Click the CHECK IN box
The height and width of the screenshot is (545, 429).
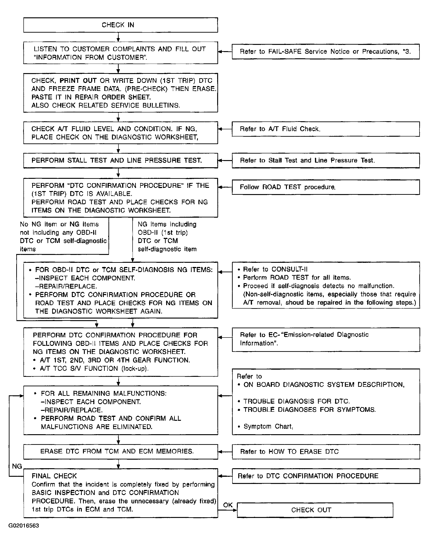[x=121, y=25]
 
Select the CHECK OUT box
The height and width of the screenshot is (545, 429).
[x=315, y=510]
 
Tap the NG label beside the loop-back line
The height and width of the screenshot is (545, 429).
[x=17, y=466]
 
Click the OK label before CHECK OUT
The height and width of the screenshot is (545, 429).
[x=228, y=505]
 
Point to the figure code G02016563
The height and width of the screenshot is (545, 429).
[x=24, y=525]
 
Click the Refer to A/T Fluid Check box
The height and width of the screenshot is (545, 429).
[x=326, y=129]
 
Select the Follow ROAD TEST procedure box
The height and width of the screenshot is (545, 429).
[x=326, y=187]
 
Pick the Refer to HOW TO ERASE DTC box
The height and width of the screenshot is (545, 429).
[x=326, y=452]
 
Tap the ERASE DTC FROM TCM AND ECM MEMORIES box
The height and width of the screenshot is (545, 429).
[x=121, y=452]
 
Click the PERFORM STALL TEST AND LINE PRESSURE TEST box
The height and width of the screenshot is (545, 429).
[x=121, y=161]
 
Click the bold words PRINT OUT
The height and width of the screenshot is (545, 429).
[x=78, y=81]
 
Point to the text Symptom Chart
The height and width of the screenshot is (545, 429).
[x=268, y=426]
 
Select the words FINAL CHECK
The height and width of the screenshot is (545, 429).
[x=54, y=476]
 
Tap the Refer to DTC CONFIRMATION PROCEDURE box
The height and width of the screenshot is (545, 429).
[x=326, y=476]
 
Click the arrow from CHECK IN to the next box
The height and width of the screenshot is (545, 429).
[x=118, y=37]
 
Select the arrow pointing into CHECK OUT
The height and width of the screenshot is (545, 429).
[x=232, y=510]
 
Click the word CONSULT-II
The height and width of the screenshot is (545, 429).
[x=290, y=269]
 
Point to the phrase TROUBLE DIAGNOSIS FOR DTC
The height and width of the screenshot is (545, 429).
[x=297, y=401]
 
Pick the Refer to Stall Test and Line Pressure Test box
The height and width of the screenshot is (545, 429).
[x=326, y=161]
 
